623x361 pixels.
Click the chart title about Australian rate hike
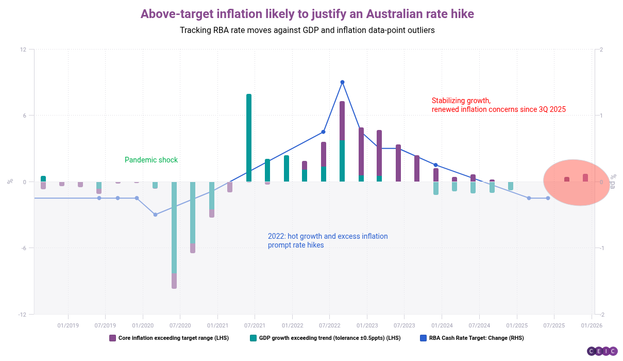pos(307,14)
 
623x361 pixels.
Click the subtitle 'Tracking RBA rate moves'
pos(307,30)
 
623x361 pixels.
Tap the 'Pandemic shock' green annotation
pos(151,160)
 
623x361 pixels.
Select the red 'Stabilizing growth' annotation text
pos(498,105)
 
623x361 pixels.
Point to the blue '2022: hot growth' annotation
pos(327,240)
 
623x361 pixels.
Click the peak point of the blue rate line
pos(342,82)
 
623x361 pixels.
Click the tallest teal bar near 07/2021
pos(249,138)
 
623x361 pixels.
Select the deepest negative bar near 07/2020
pos(174,235)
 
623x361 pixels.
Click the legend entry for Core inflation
pos(169,338)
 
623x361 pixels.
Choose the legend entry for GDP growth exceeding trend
pos(325,338)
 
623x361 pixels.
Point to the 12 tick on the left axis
pos(23,50)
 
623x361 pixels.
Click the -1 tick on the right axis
pos(601,248)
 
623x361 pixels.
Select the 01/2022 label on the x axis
pos(292,325)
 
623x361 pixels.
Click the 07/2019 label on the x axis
pos(105,325)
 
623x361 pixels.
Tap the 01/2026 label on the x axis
pos(592,325)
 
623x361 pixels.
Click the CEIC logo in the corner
pos(602,351)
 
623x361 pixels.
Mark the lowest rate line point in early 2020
pos(155,215)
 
